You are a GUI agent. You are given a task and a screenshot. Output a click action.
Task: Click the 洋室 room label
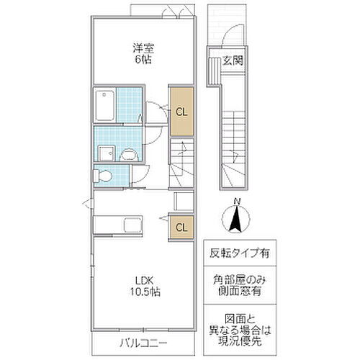pos(142,50)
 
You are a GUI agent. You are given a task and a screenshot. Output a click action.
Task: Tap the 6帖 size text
pos(142,60)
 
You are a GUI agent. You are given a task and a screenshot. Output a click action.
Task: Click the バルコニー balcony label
pos(141,342)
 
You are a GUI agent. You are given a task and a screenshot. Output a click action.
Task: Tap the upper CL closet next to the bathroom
pos(182,111)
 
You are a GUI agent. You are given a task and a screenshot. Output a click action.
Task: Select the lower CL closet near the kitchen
pos(182,228)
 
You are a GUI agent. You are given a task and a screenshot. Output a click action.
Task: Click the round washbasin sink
pos(130,153)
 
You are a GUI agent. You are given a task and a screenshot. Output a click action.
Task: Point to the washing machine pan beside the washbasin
pos(106,152)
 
